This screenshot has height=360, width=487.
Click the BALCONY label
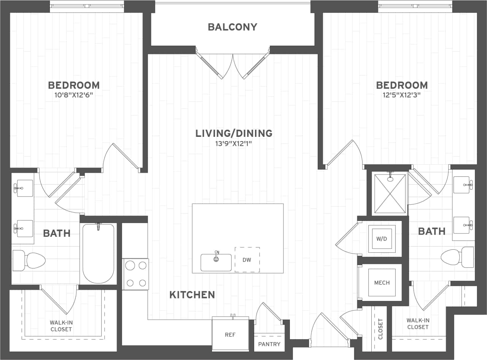click(232, 27)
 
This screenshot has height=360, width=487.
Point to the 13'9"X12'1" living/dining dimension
click(234, 143)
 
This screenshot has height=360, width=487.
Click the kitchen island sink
click(216, 262)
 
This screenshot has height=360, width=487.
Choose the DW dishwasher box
click(247, 260)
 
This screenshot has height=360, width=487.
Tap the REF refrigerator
click(230, 335)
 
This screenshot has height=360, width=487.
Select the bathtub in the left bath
click(98, 254)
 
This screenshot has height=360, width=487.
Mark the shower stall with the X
click(390, 193)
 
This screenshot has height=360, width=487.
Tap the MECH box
click(382, 282)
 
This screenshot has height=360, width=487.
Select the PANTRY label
click(269, 344)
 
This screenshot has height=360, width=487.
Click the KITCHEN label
click(192, 295)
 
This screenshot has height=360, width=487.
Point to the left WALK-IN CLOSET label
click(61, 326)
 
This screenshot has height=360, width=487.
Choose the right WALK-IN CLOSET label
click(418, 324)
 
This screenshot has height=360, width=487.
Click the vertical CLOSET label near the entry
click(381, 328)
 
